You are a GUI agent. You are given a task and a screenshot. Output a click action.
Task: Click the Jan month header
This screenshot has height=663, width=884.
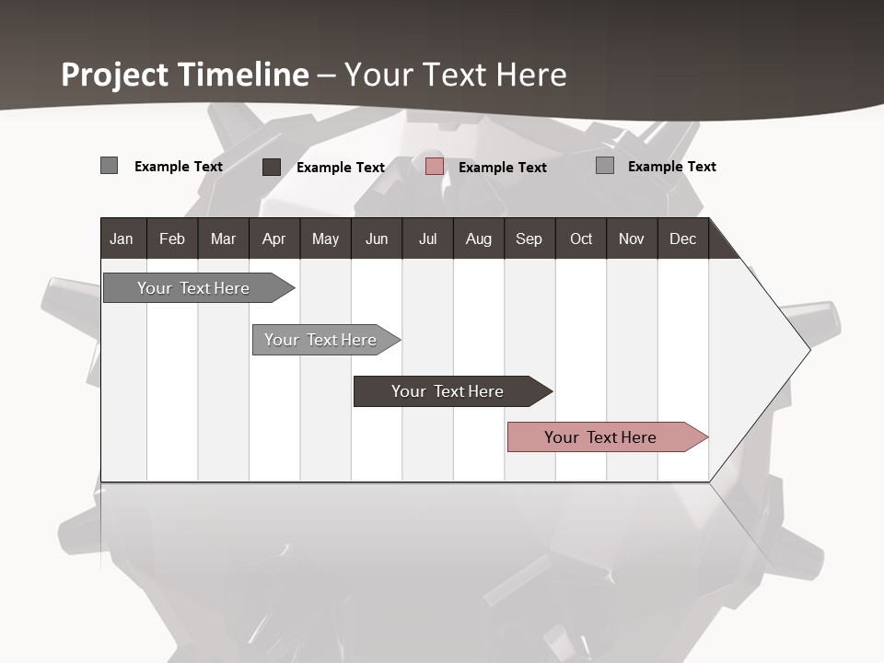[x=122, y=238]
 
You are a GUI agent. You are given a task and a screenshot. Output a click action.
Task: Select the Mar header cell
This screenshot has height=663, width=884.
[x=223, y=238]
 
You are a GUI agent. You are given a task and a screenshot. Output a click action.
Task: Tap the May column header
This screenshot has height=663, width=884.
[x=325, y=238]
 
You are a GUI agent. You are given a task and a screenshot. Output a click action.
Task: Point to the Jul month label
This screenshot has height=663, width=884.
[x=427, y=238]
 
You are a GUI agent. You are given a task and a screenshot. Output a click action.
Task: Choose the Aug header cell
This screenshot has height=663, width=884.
[x=479, y=238]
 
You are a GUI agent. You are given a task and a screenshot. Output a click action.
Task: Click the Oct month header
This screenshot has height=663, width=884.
[x=581, y=238]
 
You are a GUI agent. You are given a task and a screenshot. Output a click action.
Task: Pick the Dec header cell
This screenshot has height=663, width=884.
[x=682, y=238]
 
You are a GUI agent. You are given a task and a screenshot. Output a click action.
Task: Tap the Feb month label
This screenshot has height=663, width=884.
[x=172, y=238]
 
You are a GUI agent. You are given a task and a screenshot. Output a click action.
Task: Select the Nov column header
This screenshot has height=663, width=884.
[x=632, y=238]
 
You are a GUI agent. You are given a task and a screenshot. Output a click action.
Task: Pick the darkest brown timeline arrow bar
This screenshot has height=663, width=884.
[x=448, y=391]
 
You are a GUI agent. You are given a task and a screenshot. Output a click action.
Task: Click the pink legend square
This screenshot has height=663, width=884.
[x=435, y=167]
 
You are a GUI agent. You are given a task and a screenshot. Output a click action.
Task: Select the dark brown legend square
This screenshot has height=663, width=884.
[x=272, y=167]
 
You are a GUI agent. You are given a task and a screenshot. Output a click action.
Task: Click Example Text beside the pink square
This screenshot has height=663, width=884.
[x=502, y=168]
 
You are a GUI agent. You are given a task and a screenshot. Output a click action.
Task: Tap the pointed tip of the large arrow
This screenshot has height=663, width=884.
[x=808, y=349]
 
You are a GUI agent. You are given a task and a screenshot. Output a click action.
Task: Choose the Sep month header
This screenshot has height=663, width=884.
[x=529, y=238]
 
